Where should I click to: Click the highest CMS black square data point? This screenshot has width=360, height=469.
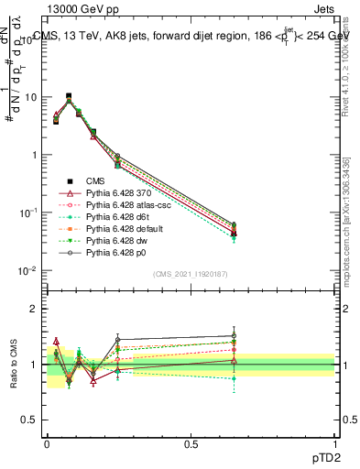(x=69, y=95)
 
